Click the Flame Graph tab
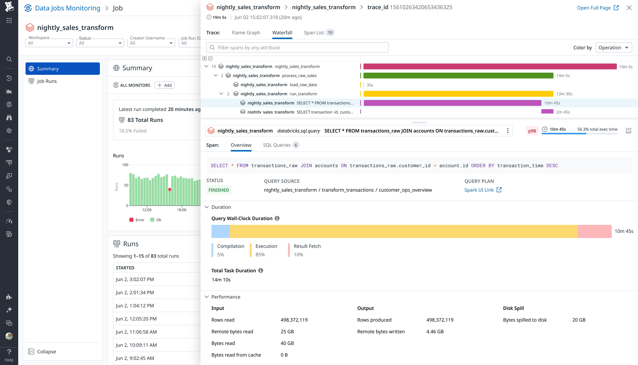click(x=246, y=33)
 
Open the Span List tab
click(x=314, y=33)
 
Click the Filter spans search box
click(x=297, y=48)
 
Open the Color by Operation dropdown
click(x=613, y=48)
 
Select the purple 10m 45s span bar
click(x=452, y=103)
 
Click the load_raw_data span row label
click(x=303, y=85)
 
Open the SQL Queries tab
click(x=277, y=145)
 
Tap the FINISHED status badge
click(x=219, y=190)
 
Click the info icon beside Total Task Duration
click(x=261, y=270)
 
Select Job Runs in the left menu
click(x=47, y=81)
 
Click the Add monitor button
click(x=164, y=85)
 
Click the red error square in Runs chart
click(x=170, y=189)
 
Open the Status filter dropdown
click(x=100, y=43)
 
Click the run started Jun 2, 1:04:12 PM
click(x=135, y=306)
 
